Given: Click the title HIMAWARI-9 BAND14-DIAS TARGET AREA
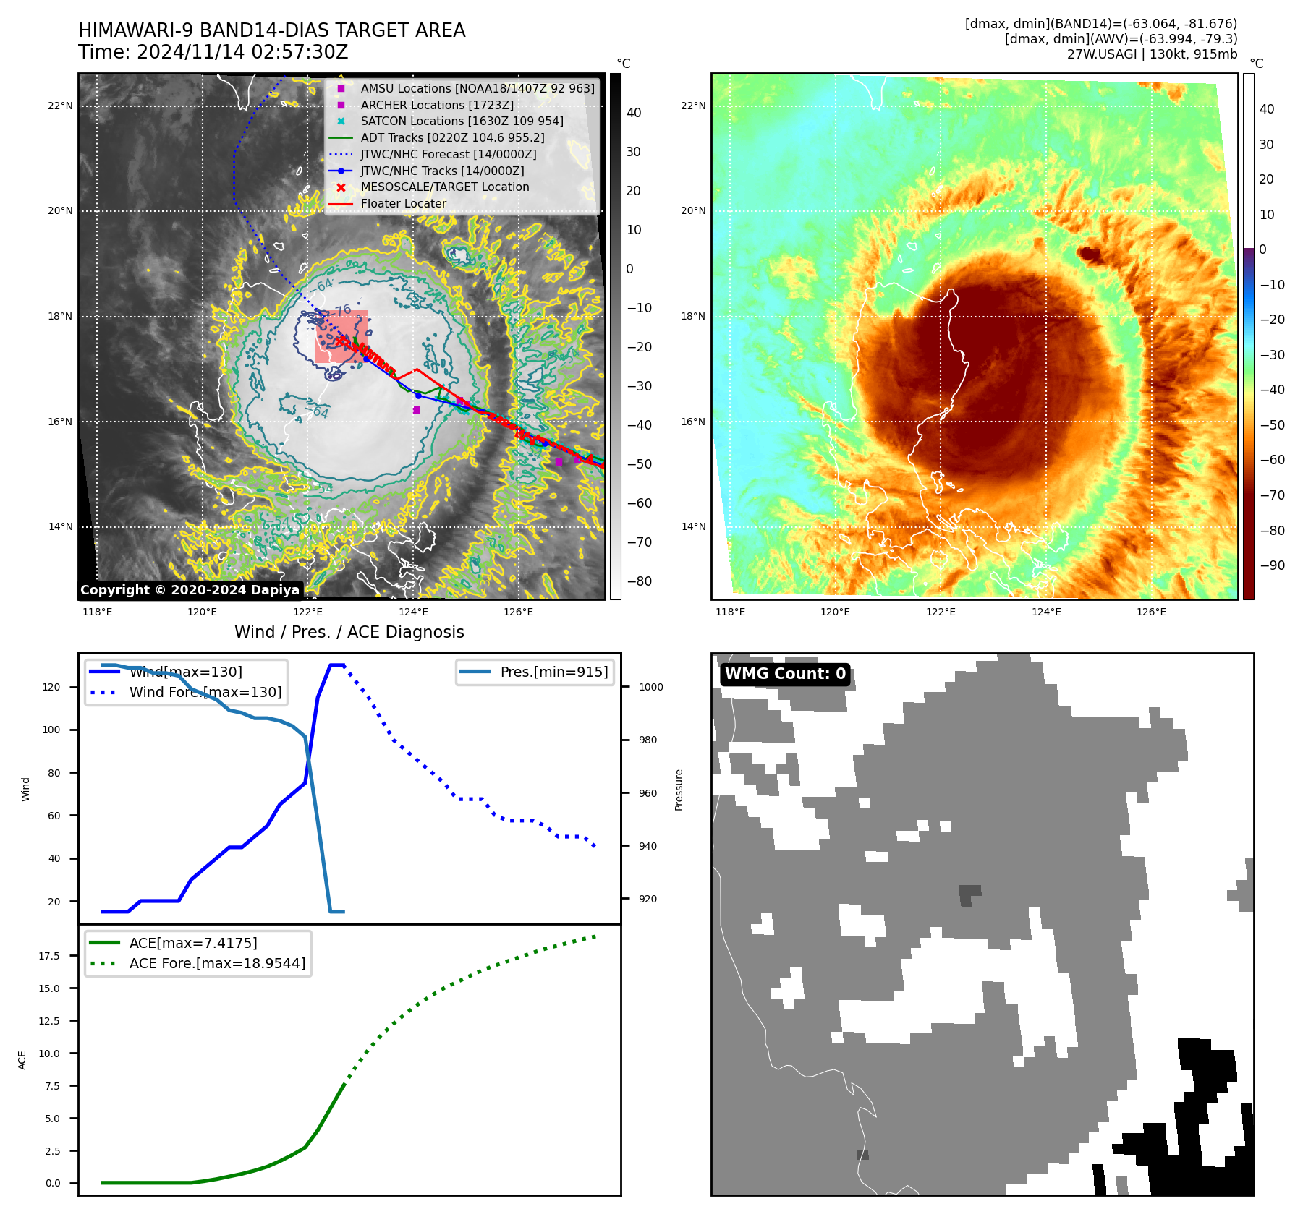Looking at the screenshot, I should coord(271,30).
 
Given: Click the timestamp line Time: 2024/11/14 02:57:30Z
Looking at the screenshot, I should coord(213,53).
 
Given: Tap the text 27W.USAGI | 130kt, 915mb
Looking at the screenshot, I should coord(1152,54).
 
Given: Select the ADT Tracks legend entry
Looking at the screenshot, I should coord(452,137).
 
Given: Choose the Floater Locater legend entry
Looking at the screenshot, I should coord(403,204).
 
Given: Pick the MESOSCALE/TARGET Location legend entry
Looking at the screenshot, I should coord(444,187).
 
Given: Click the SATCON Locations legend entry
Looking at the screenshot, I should coord(462,121).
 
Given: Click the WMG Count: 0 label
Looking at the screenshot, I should coord(785,674).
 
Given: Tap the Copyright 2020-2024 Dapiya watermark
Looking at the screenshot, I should coord(190,590).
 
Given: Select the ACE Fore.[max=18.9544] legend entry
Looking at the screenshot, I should coord(217,963).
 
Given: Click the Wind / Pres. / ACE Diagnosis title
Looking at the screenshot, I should coord(349,632).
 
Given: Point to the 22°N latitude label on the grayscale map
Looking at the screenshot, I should coord(61,106).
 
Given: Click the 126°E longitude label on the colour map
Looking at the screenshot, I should coord(1151,612).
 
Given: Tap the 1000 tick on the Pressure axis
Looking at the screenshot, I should coord(650,687).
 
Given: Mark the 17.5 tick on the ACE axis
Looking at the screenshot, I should coord(49,956).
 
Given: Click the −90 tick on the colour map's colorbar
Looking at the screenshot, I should coord(1272,565).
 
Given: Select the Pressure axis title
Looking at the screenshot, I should coord(679,790).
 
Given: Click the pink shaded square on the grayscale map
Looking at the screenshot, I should coord(341,337).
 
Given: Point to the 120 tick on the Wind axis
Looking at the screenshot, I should coord(51,687).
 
